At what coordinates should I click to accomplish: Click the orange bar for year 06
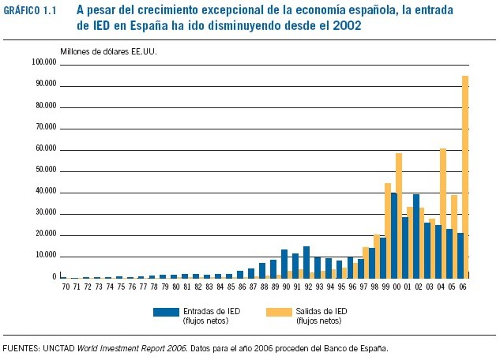465,177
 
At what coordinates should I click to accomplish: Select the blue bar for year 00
393,235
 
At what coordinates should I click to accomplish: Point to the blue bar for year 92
306,261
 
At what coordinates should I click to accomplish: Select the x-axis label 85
229,287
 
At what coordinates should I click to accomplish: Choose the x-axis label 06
463,287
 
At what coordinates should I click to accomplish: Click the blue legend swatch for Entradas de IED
167,313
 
